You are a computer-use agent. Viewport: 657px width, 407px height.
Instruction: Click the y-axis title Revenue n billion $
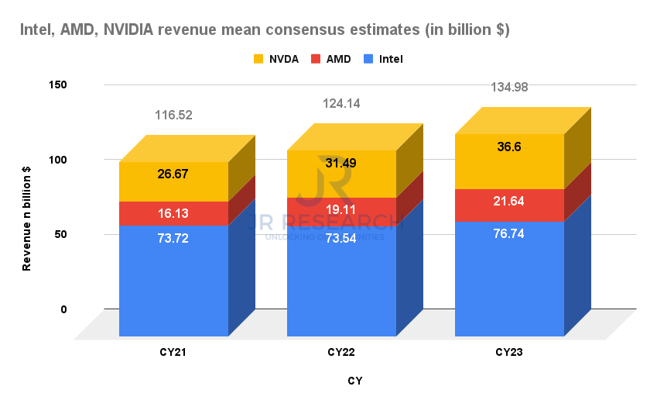point(26,219)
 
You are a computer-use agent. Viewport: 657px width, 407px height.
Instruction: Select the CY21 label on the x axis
point(173,353)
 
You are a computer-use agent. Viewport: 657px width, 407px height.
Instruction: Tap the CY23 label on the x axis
point(508,353)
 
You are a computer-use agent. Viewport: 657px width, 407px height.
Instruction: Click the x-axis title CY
point(355,381)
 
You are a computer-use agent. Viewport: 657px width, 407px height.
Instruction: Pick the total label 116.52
point(173,115)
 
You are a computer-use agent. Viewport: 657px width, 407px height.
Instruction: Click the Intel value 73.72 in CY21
point(173,238)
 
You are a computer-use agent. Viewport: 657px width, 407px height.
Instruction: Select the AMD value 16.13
point(173,213)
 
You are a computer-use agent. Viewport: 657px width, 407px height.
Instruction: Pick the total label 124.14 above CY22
point(341,103)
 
